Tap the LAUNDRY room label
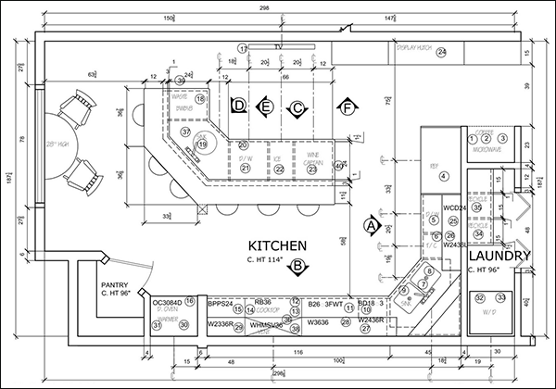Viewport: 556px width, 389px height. click(x=499, y=256)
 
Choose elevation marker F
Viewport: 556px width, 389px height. click(x=347, y=108)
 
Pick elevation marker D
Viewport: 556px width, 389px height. click(x=239, y=107)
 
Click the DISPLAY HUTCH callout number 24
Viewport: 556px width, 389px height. click(x=442, y=52)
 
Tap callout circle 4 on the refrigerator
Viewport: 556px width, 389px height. click(x=443, y=176)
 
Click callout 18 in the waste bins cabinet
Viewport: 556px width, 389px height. click(x=199, y=99)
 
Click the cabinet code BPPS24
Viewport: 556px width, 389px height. click(x=220, y=303)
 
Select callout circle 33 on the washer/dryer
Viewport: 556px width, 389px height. click(x=500, y=297)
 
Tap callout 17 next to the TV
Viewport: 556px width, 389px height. click(x=242, y=47)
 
